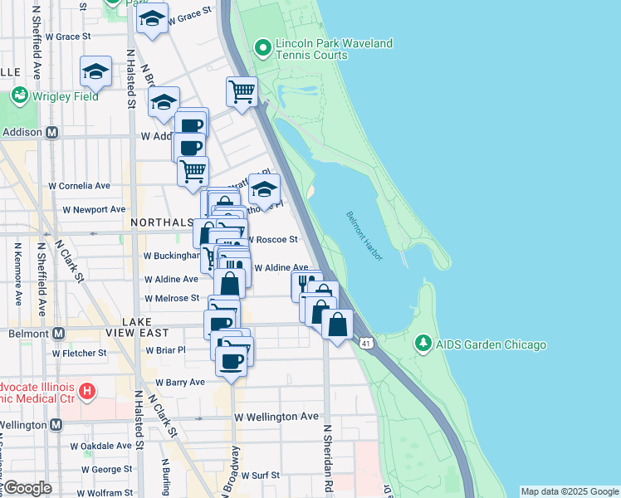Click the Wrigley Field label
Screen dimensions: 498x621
tap(65, 96)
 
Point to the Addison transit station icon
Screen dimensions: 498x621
tap(52, 132)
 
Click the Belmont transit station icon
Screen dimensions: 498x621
tap(58, 333)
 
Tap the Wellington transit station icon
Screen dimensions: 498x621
tap(56, 425)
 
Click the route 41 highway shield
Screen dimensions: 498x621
tap(366, 342)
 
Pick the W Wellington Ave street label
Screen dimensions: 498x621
tap(276, 416)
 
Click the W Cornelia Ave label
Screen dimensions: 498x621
tap(80, 186)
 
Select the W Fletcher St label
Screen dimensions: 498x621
tap(79, 353)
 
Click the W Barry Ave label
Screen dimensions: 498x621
tap(180, 383)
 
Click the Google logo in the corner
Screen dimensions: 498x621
tap(27, 488)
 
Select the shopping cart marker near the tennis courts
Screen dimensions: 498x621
tap(242, 90)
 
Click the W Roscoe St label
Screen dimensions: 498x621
tap(271, 239)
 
